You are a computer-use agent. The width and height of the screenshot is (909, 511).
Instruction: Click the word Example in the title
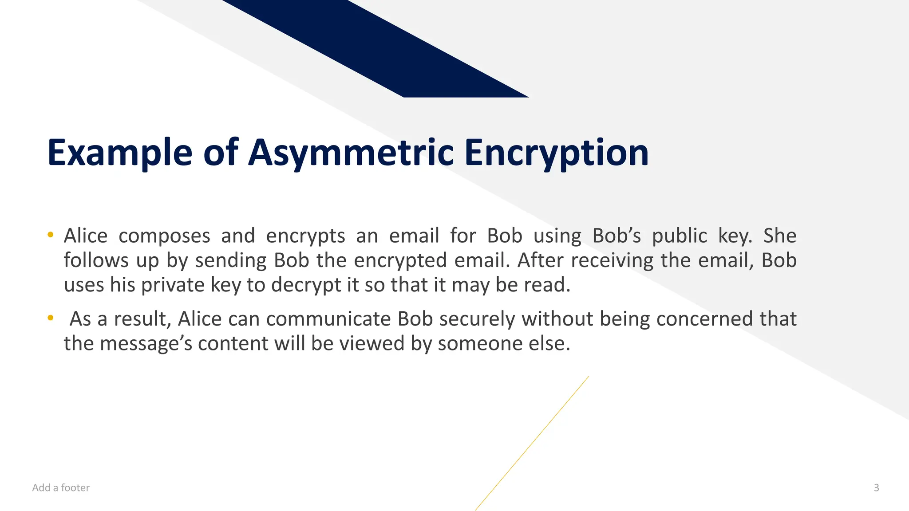coord(119,153)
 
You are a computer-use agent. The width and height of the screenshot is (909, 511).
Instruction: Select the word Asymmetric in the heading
coord(351,153)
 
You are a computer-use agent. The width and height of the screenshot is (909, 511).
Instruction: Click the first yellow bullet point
coord(51,234)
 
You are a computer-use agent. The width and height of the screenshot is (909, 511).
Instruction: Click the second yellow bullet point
coord(51,318)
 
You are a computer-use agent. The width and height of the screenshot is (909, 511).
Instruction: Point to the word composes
coord(164,236)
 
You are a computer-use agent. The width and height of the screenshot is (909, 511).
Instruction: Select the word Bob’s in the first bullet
coord(617,236)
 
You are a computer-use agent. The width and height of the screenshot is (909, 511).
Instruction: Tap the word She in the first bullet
coord(779,236)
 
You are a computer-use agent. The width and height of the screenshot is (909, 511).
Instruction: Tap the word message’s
coord(146,344)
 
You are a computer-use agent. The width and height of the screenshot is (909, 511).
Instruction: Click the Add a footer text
coord(61,488)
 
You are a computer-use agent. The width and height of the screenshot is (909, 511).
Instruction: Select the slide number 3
coord(876,488)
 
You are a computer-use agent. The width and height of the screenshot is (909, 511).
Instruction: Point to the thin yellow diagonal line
coord(533,443)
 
